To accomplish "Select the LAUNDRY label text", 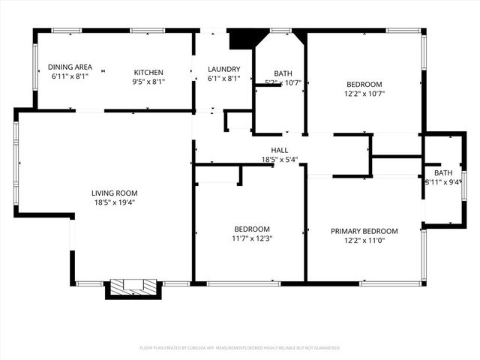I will [x=223, y=69].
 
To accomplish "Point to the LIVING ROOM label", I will [x=115, y=193].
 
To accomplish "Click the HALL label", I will [x=280, y=150].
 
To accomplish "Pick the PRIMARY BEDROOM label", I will [x=364, y=231].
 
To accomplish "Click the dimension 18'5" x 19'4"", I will [x=115, y=202].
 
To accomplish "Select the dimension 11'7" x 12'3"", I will [x=252, y=238].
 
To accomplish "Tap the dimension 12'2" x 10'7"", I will [x=364, y=94].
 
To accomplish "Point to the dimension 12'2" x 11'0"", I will [x=364, y=241].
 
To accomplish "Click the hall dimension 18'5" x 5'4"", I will [x=280, y=160].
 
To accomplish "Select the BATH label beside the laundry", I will [x=283, y=73].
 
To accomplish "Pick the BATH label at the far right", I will [x=443, y=172].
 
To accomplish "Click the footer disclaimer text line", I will [x=240, y=348].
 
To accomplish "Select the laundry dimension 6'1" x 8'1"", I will [x=223, y=79].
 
